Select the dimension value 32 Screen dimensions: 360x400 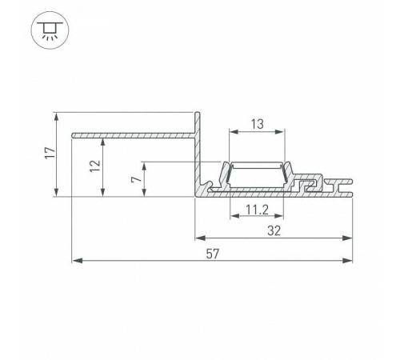pos(274,229)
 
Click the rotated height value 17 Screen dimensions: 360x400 pos(48,153)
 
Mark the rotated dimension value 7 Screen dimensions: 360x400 pos(135,179)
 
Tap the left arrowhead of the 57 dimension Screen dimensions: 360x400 pos(76,261)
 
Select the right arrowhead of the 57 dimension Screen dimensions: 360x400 pos(349,261)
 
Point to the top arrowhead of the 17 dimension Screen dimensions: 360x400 pos(56,116)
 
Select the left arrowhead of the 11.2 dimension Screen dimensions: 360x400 pos(234,216)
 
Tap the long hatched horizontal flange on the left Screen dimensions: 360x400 pos(132,133)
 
